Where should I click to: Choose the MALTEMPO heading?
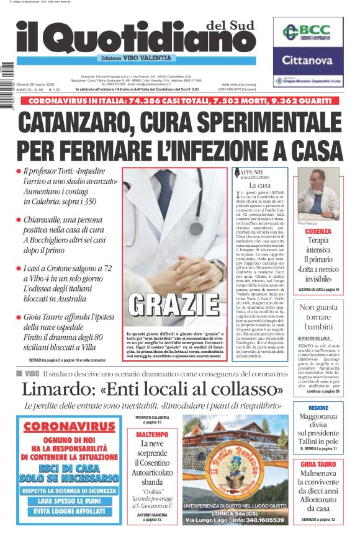pyautogui.click(x=151, y=435)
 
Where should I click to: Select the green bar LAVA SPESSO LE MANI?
pyautogui.click(x=70, y=500)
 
